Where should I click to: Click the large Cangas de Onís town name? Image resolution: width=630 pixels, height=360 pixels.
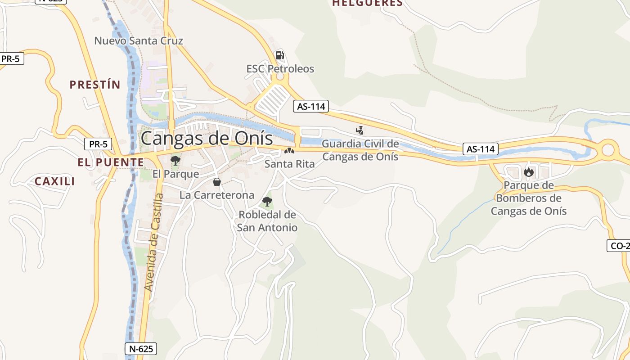point(207,138)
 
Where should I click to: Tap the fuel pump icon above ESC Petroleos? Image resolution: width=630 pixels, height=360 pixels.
point(279,55)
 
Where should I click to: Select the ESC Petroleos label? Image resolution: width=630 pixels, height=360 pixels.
point(280,69)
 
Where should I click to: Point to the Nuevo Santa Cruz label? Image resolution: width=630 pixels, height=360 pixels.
point(139,41)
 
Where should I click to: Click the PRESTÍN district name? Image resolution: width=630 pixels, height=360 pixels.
point(95,85)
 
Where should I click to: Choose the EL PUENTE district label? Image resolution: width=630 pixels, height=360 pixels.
point(111,162)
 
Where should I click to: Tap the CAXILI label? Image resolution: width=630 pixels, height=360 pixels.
point(55,181)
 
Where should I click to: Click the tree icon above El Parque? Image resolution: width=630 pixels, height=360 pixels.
point(175,160)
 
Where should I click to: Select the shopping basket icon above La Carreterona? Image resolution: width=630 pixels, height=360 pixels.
point(217,182)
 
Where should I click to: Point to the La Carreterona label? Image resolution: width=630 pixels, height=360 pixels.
point(217,195)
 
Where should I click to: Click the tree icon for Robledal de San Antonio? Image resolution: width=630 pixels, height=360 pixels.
point(267,201)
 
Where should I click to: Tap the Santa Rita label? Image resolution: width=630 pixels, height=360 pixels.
point(289,164)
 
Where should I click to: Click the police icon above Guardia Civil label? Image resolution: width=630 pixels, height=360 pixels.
point(360,130)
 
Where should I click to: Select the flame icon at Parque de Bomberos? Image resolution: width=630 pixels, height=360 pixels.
point(528,172)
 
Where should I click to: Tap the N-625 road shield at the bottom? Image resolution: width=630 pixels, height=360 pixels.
point(140,348)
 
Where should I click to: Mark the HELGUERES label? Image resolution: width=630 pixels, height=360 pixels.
point(367,3)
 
